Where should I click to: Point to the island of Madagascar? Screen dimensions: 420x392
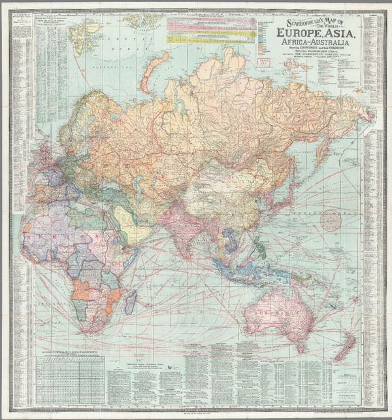(131, 301)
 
